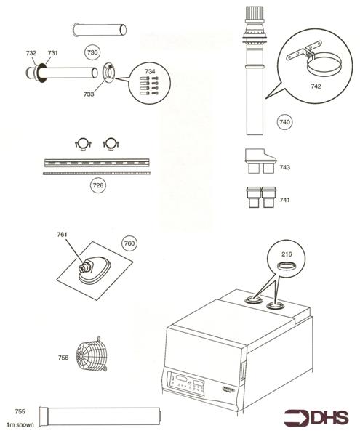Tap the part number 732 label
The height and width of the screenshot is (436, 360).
pyautogui.click(x=31, y=53)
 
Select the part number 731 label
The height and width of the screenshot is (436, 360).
pyautogui.click(x=52, y=53)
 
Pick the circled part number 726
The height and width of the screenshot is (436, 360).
pyautogui.click(x=97, y=187)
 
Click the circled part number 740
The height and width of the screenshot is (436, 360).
pyautogui.click(x=284, y=122)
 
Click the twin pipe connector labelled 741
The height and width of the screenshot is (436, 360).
pyautogui.click(x=259, y=199)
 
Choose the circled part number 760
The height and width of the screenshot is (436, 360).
pyautogui.click(x=128, y=243)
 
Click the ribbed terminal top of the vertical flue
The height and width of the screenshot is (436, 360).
pyautogui.click(x=254, y=15)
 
